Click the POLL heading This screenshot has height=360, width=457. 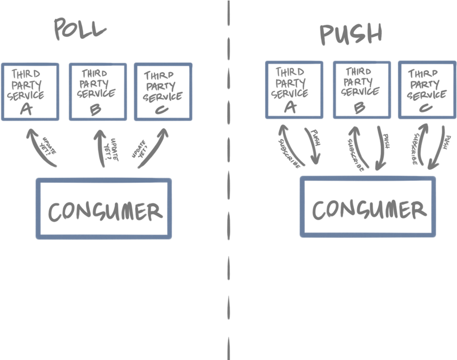(80, 30)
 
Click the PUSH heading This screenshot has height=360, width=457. (351, 34)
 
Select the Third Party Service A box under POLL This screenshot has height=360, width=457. (30, 91)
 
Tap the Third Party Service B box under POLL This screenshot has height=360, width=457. (97, 91)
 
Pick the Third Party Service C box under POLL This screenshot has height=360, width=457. (163, 91)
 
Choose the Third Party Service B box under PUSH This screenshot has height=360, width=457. (361, 90)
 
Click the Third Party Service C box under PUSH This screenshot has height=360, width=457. (427, 90)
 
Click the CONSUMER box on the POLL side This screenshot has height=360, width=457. (104, 209)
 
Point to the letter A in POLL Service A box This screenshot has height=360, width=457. (27, 110)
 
